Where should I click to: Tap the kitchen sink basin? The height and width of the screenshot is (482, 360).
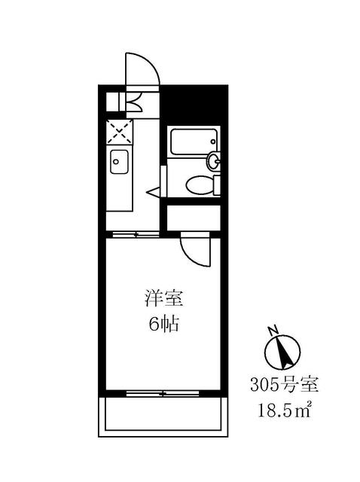click(x=119, y=160)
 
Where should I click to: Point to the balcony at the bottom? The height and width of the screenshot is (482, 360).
click(x=163, y=416)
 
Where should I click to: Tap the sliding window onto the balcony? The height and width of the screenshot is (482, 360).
click(x=163, y=393)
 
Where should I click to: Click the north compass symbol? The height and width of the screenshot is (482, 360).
click(x=284, y=351)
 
